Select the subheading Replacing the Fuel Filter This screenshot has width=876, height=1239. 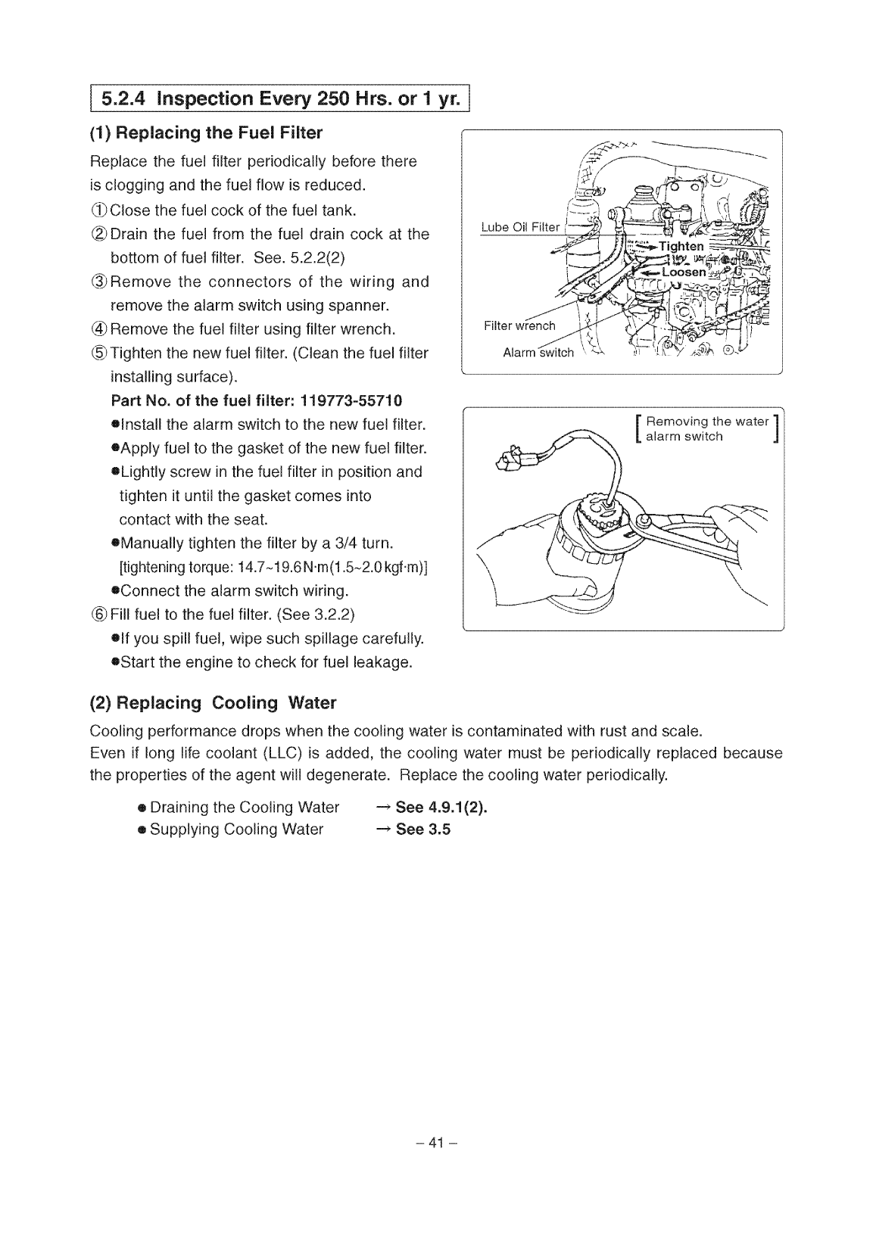click(x=206, y=134)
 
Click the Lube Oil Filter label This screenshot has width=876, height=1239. click(x=520, y=228)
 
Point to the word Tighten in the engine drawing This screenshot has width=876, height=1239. click(x=681, y=247)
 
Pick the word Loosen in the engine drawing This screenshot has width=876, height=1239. click(x=684, y=272)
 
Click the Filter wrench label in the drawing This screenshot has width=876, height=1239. click(x=519, y=326)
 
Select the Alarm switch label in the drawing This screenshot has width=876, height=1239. click(x=538, y=353)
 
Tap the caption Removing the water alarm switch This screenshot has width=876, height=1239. click(x=706, y=428)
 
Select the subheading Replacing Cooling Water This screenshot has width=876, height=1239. click(x=213, y=703)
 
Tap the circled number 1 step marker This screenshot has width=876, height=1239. click(x=99, y=210)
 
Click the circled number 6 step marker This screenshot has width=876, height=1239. click(x=99, y=614)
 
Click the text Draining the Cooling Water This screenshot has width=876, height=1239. click(x=245, y=807)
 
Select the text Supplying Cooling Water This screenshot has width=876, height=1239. click(x=236, y=830)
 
